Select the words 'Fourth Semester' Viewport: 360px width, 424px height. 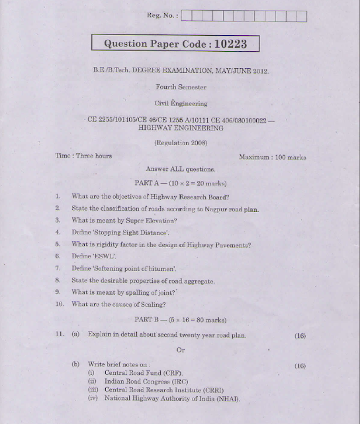[x=181, y=87]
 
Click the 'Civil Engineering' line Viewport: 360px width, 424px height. [x=181, y=103]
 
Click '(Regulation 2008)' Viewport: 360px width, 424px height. [x=181, y=142]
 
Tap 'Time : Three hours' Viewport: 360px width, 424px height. [x=83, y=156]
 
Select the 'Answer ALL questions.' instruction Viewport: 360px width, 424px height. [x=180, y=169]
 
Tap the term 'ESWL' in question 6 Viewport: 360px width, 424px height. [x=104, y=256]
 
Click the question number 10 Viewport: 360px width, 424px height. [x=59, y=305]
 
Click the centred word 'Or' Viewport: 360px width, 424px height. [x=181, y=350]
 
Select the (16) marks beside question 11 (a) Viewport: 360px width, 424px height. [x=300, y=336]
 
